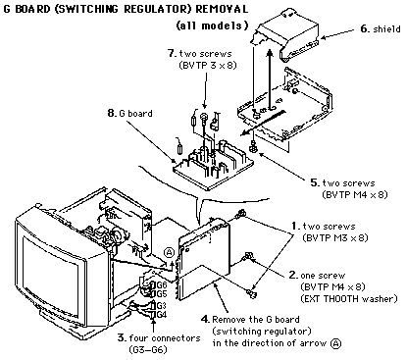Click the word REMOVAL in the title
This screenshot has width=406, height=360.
coord(222,9)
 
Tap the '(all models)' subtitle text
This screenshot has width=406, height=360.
coord(213,26)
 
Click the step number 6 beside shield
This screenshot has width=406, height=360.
coord(365,28)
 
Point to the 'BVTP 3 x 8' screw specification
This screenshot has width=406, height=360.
coord(208,65)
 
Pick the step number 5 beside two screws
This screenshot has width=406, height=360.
coord(315,182)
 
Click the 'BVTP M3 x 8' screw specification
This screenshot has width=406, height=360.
coord(335,237)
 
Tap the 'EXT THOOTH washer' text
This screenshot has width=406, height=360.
coord(349,298)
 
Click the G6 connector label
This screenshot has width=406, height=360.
coord(162,284)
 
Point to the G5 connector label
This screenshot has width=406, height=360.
coord(162,293)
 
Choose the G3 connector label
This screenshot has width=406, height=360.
coord(162,306)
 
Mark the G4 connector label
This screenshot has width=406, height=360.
coord(162,314)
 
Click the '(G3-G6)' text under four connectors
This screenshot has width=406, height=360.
coord(148,350)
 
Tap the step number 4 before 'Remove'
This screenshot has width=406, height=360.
coord(205,319)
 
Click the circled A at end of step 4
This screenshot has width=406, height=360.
coord(335,343)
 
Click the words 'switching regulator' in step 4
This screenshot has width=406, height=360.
coord(262,332)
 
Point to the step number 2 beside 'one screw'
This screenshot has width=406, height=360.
coord(293,275)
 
